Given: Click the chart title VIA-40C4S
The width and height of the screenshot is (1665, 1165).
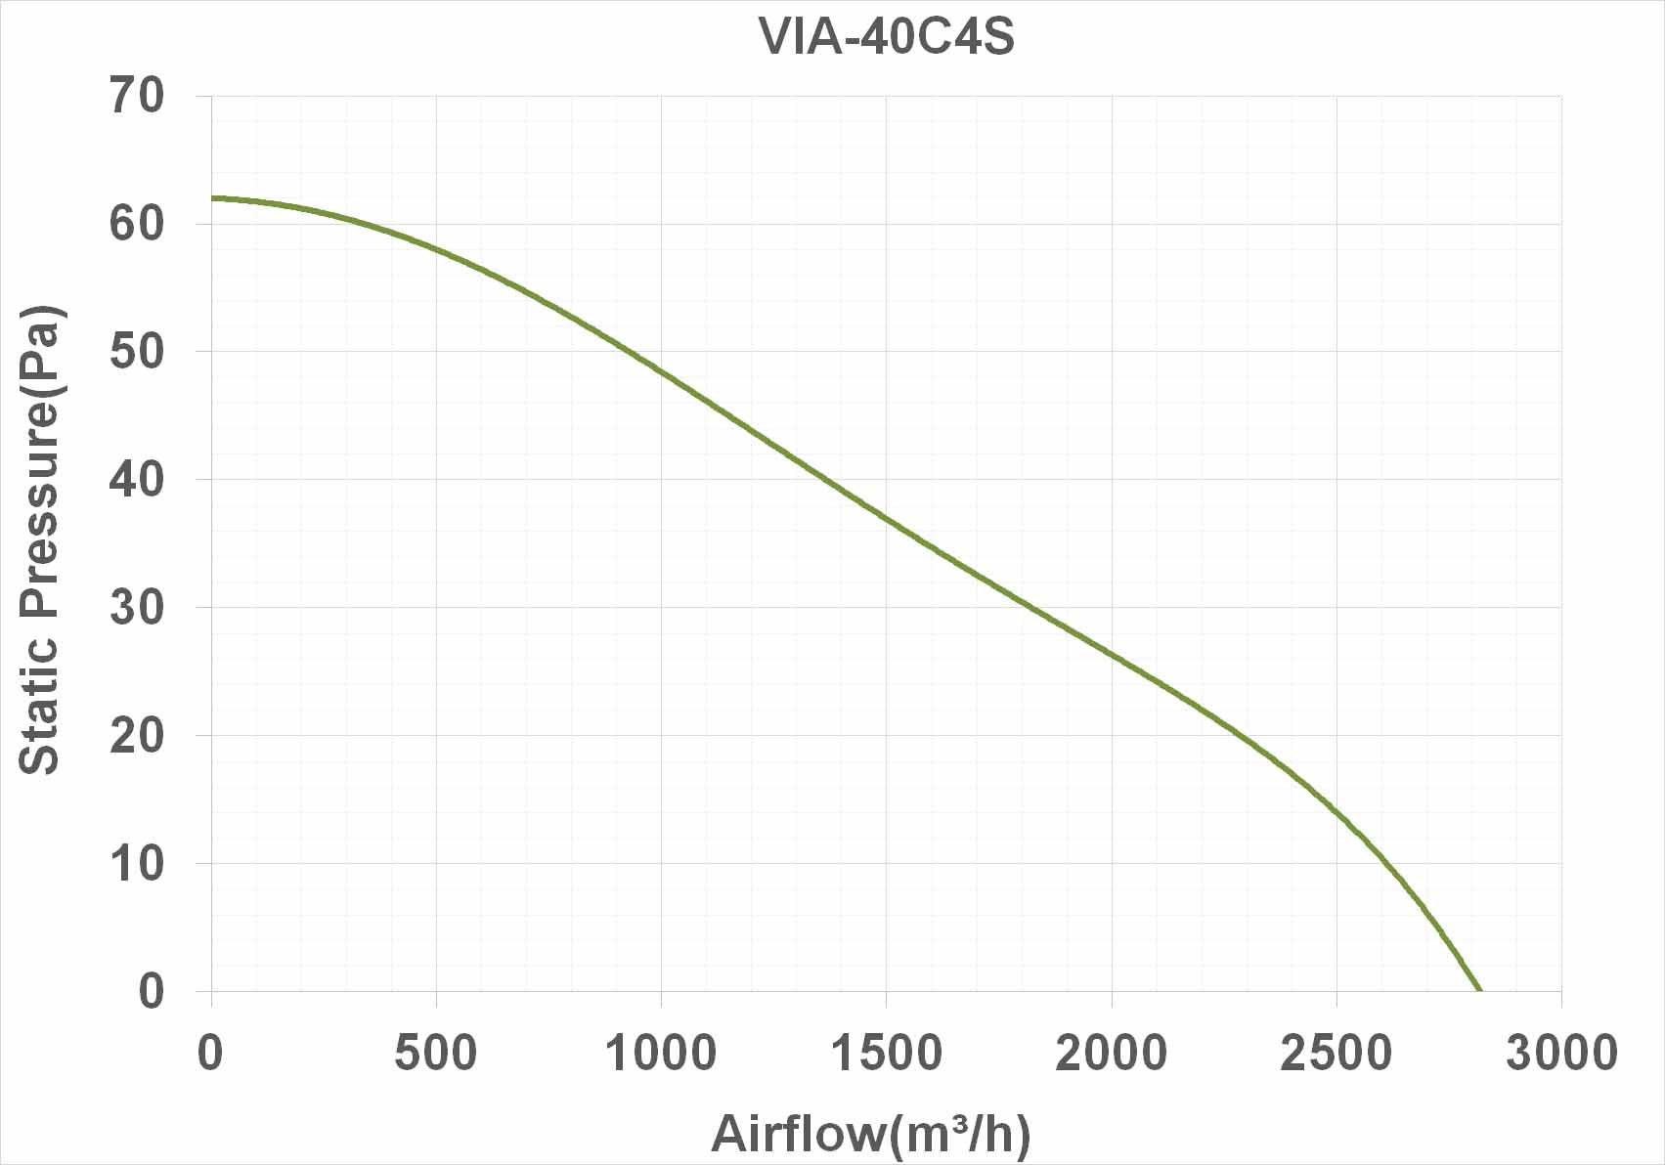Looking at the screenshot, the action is pos(886,36).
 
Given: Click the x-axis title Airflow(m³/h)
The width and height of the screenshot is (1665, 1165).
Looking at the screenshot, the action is pos(871,1133).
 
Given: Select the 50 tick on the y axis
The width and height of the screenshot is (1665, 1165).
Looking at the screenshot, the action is pos(138,351).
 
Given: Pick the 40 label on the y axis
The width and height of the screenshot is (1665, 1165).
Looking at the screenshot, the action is pos(138,479).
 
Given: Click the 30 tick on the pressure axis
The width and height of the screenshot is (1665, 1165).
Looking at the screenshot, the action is pos(138,607).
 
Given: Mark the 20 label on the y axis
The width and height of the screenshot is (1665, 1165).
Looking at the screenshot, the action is pos(138,736).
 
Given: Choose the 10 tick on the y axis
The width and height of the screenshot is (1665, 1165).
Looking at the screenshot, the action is pos(138,863).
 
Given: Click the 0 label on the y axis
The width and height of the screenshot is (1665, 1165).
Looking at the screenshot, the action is pos(152,991).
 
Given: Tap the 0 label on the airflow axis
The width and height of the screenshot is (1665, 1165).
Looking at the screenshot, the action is pos(210,1053).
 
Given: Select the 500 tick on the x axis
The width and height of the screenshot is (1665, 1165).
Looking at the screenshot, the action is pos(436,1053).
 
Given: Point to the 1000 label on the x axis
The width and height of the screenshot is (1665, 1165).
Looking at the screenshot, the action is pos(661,1053).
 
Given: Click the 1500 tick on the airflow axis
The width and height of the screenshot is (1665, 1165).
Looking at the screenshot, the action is pos(886,1053).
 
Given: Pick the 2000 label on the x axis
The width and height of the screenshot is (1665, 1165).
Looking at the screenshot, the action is pos(1112,1053).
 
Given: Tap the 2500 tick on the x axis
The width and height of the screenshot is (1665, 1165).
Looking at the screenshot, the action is pos(1336,1053).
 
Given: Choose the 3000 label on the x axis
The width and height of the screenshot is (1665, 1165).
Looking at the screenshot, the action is pos(1561,1053).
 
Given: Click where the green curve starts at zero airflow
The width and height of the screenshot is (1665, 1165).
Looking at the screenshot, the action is pos(212,198).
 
